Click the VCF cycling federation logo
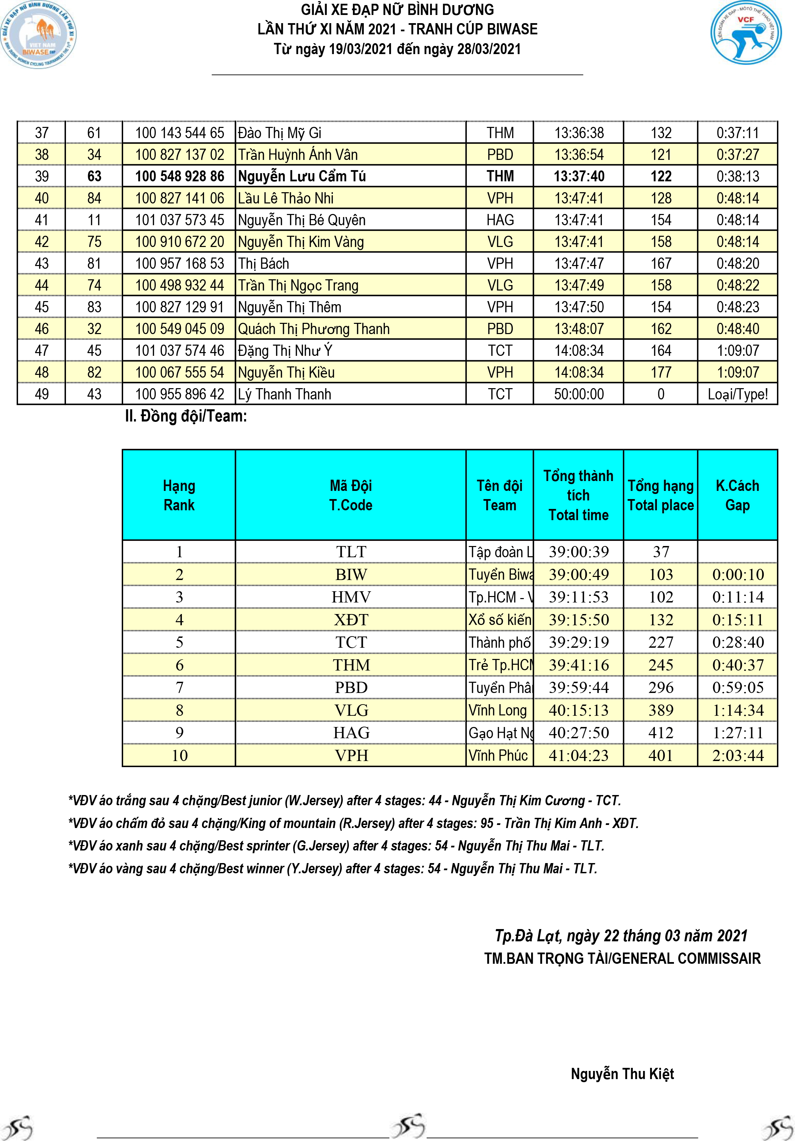(x=745, y=33)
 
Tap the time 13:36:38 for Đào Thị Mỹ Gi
(x=579, y=133)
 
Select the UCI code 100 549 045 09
(x=180, y=329)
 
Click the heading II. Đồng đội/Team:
(x=186, y=416)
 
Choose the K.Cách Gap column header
(x=737, y=495)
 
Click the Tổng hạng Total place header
(x=660, y=495)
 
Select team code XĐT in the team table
(x=351, y=620)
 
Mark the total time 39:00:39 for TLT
(x=578, y=551)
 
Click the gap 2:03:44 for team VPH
(x=737, y=755)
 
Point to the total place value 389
(x=660, y=710)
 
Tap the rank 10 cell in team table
(x=180, y=755)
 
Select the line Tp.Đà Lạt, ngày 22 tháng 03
(x=621, y=936)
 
